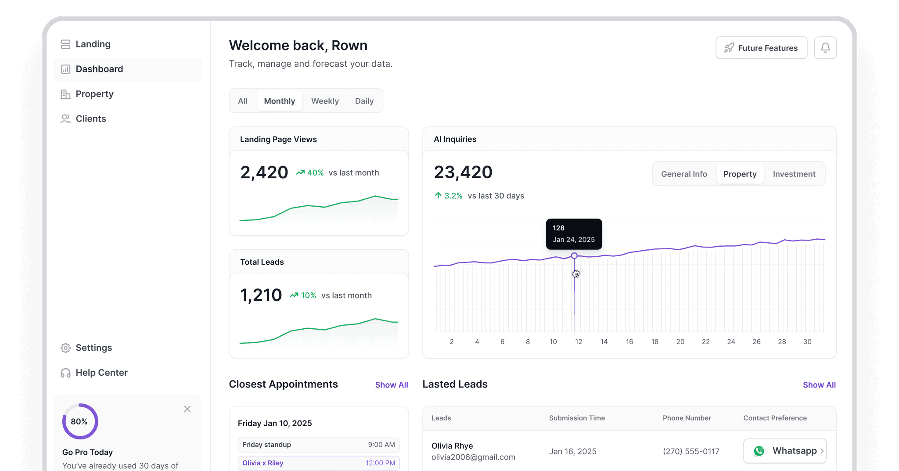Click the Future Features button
point(761,48)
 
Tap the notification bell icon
point(825,48)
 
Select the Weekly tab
point(325,101)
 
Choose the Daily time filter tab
point(364,101)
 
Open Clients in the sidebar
point(90,119)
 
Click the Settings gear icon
point(65,348)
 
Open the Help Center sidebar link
point(101,373)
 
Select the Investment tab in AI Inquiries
point(794,174)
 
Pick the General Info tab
point(684,174)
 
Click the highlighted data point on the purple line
point(574,255)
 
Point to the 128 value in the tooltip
point(558,228)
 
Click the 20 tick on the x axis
point(680,342)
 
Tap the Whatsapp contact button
point(785,451)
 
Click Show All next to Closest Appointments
point(392,385)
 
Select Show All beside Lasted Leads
point(819,385)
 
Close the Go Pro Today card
point(187,409)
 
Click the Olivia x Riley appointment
point(319,463)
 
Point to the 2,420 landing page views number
point(264,173)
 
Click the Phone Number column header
point(687,418)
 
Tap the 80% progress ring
point(80,421)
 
